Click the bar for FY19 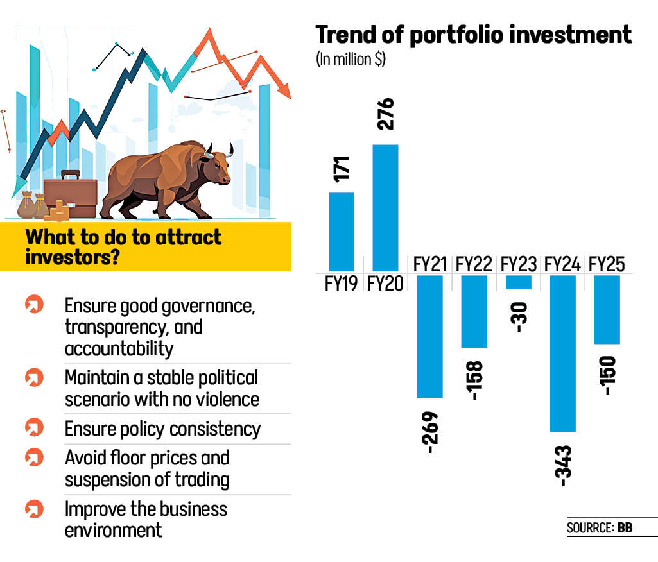point(341,232)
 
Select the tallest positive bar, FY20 point(385,208)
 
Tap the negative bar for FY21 point(429,336)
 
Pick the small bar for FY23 point(519,282)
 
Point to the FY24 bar point(563,353)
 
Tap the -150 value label point(608,375)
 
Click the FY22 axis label point(474,264)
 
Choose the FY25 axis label point(607,264)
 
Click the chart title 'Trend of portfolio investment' point(473,35)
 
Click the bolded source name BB point(625,529)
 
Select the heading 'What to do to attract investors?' point(123,246)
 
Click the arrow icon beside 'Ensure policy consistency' point(33,427)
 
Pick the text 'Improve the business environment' point(146,520)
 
